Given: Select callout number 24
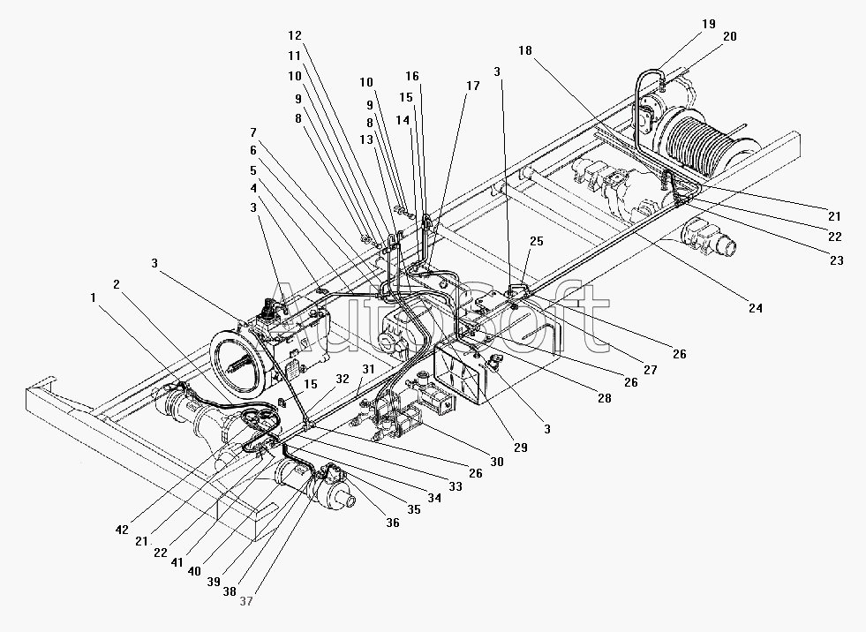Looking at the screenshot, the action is tap(755, 308).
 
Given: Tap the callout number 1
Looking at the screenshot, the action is tap(94, 297).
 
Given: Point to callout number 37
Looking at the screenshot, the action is tap(245, 601).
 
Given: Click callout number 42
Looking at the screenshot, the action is tap(122, 530).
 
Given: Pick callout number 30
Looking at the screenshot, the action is tap(496, 462).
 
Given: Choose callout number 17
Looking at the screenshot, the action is tap(473, 86).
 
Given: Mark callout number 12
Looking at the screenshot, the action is tap(294, 35).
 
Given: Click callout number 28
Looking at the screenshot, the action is tap(604, 397).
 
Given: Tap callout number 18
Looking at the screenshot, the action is tap(524, 51).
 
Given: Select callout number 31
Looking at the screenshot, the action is tap(368, 369).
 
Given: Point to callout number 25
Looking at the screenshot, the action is tap(536, 241).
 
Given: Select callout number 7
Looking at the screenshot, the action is tap(253, 132).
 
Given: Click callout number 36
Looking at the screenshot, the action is tap(392, 522).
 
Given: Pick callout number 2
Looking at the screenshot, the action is tap(116, 284).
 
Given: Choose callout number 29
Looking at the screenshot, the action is tap(520, 448).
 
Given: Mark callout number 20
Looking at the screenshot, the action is tap(729, 36).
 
